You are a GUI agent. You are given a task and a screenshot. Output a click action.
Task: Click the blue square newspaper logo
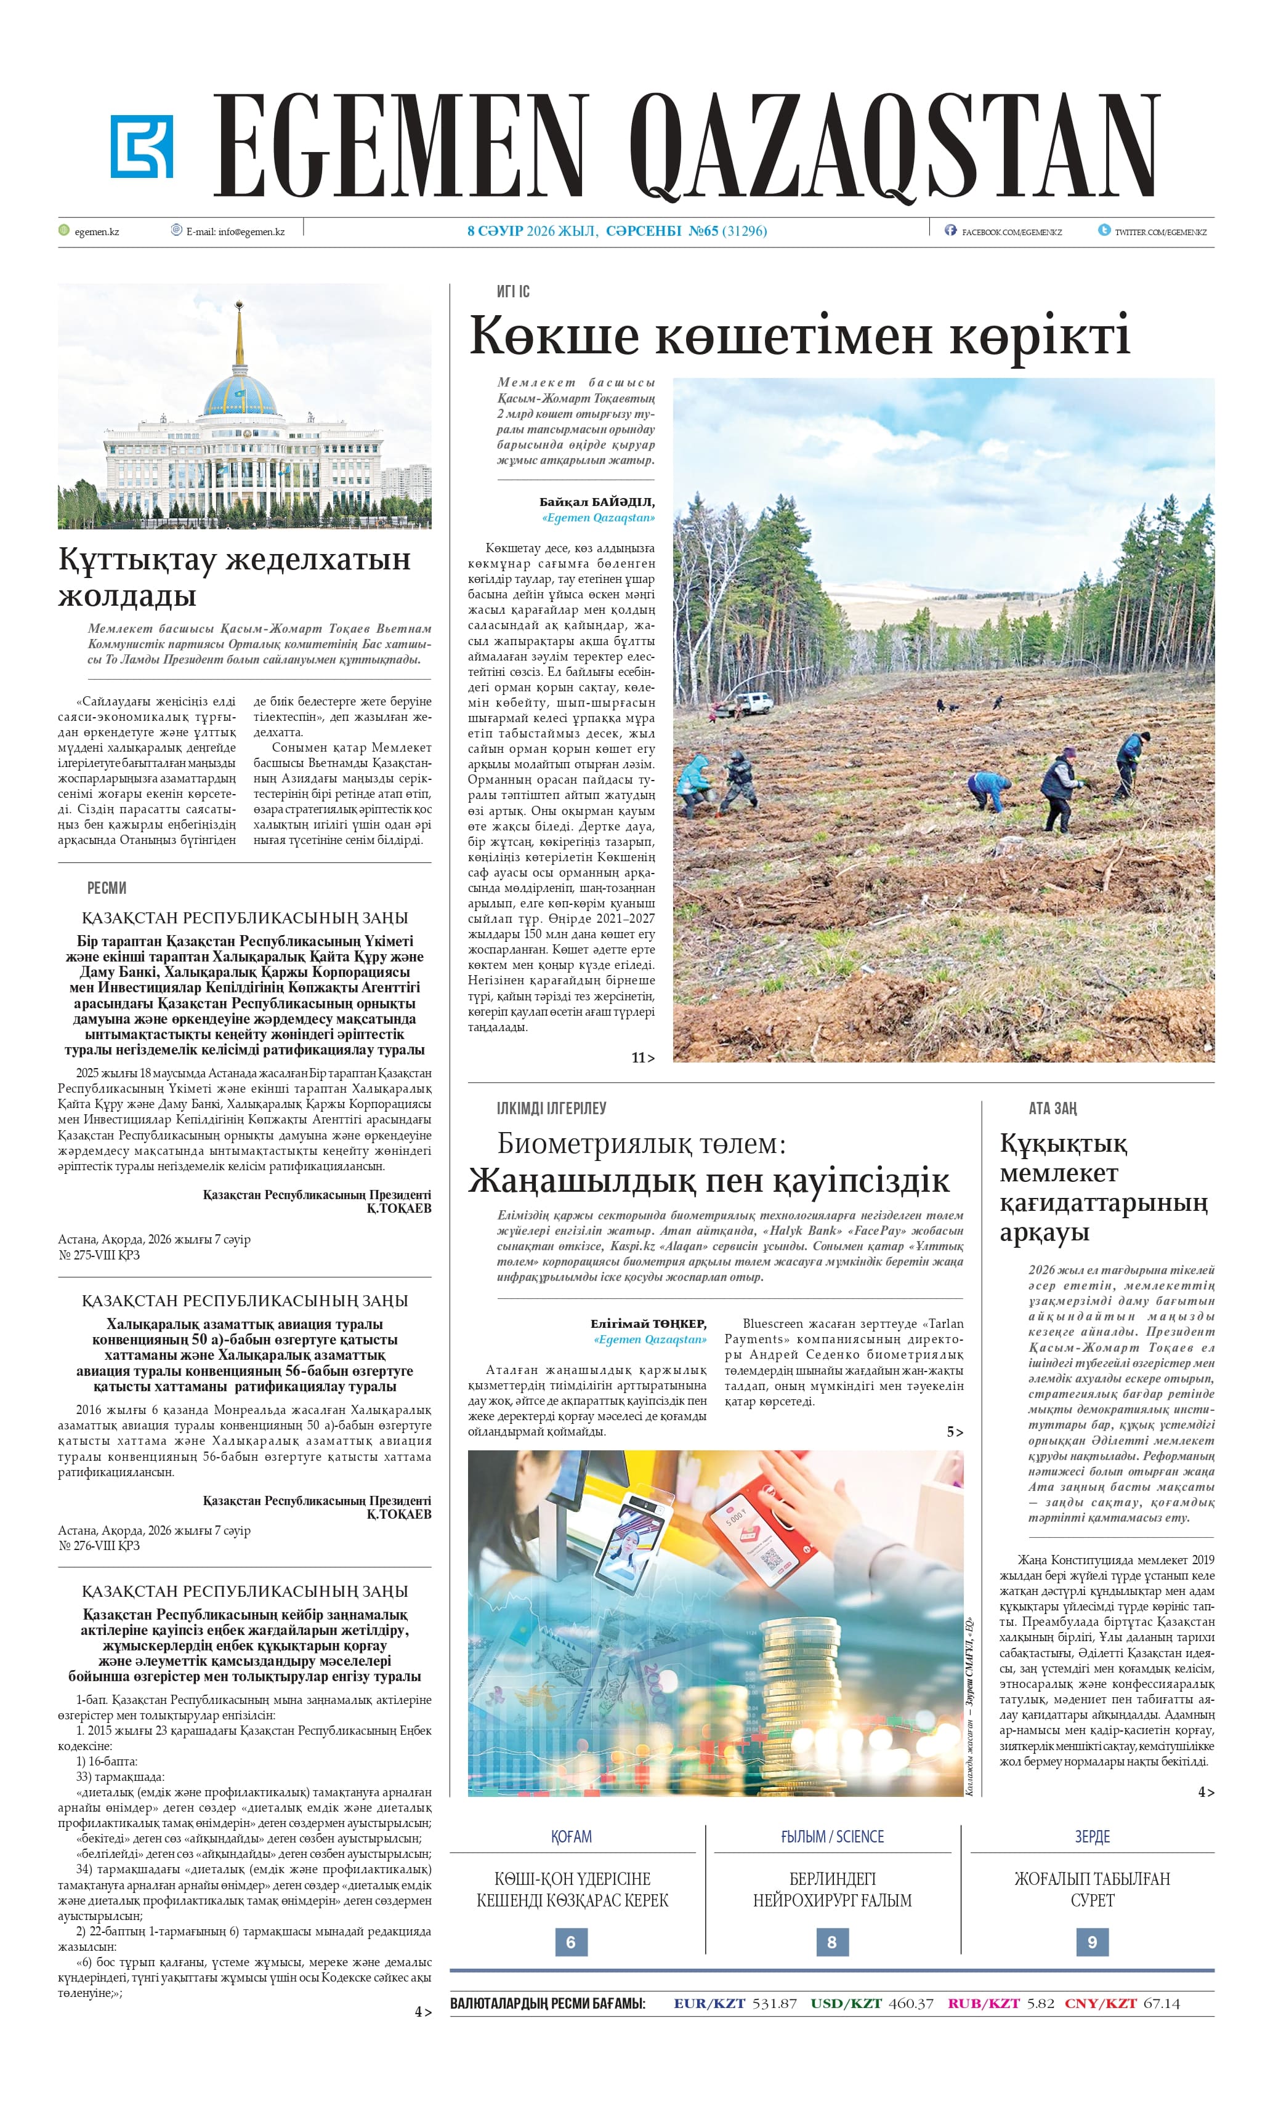click(141, 147)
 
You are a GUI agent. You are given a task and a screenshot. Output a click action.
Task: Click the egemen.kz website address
click(97, 231)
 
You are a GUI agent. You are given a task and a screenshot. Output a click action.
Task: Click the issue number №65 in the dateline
click(703, 231)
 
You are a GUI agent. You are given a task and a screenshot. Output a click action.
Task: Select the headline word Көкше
click(554, 335)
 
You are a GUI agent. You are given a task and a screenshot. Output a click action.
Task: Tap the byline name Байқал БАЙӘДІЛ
click(597, 502)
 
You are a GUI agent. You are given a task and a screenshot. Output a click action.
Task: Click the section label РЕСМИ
click(106, 888)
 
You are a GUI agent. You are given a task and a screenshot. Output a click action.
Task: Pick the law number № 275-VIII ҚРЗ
click(99, 1255)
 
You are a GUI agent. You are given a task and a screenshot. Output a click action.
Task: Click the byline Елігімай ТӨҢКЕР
click(648, 1324)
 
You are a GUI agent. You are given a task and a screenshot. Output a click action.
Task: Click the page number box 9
click(1091, 1942)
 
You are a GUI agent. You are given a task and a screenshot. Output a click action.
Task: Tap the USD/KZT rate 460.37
click(911, 2003)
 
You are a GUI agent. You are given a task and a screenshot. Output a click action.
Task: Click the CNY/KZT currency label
click(1100, 2003)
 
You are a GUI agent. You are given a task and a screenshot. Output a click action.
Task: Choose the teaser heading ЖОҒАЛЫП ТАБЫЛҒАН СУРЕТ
click(1091, 1889)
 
